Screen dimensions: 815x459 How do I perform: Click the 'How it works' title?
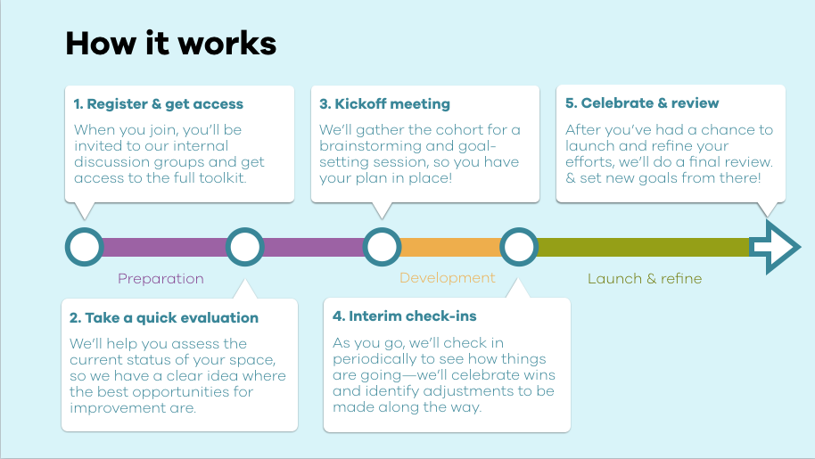(x=170, y=43)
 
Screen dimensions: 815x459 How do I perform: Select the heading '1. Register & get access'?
(x=159, y=104)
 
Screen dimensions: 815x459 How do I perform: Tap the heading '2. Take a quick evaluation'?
(x=164, y=318)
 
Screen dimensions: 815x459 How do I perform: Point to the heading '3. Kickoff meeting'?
(x=384, y=104)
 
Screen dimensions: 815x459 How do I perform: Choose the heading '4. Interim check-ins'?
(x=405, y=316)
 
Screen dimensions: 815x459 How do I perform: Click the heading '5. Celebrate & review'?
(x=642, y=102)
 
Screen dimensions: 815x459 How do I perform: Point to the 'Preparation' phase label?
(x=161, y=279)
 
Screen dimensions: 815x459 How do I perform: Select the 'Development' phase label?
(x=447, y=278)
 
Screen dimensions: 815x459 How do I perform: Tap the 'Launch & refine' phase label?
(x=645, y=279)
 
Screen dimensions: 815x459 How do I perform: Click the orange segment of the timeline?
(x=450, y=247)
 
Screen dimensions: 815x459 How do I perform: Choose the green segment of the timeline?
(x=644, y=247)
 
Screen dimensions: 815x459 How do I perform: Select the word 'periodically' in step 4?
(x=375, y=359)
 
